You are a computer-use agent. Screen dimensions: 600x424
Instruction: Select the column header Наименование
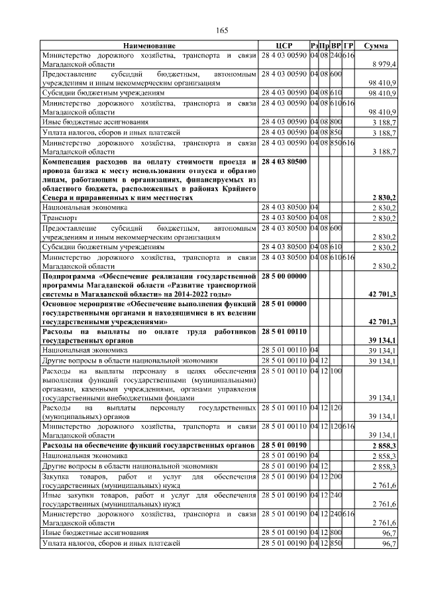point(149,45)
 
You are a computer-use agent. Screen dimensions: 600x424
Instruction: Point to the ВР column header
point(336,45)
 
